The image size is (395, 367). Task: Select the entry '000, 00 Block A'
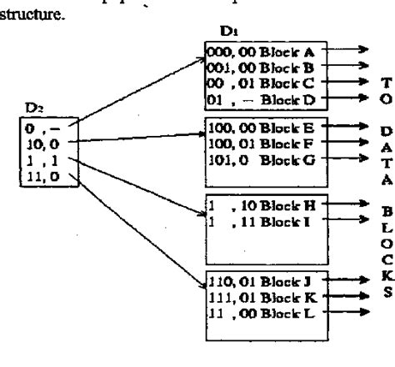(x=254, y=50)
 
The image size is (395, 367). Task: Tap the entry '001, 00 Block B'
(x=254, y=66)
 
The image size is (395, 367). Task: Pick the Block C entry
(x=254, y=82)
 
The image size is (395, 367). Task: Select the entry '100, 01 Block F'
(x=254, y=144)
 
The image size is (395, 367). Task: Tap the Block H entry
(x=254, y=204)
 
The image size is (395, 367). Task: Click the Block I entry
(x=254, y=220)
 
